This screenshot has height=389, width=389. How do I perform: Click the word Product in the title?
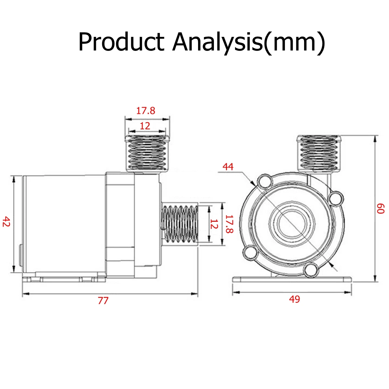point(121,42)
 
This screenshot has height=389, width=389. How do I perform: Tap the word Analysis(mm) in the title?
point(248,43)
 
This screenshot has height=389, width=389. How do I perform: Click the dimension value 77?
point(103,301)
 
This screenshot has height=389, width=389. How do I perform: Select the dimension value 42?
point(6,221)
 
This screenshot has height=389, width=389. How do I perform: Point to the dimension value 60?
point(381,208)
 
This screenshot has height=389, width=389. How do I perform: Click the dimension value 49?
point(295,299)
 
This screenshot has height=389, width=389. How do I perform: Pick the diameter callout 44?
point(228,167)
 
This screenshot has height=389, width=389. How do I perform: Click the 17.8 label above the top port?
point(146,111)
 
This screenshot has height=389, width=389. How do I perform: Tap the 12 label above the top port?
point(145,126)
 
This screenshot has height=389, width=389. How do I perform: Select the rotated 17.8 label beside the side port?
point(229,224)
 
